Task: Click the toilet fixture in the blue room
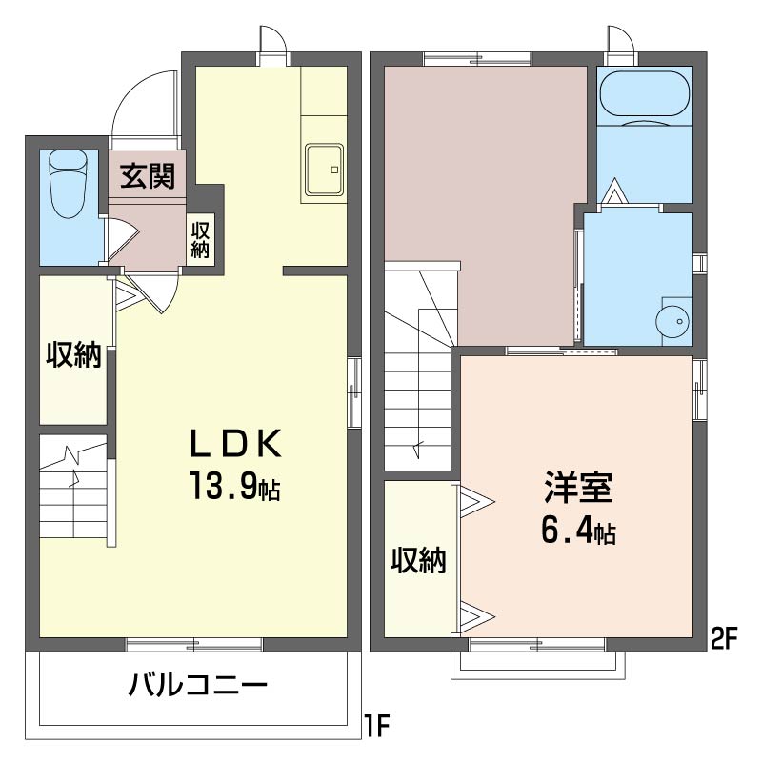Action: (x=68, y=182)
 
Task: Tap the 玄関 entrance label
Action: (x=148, y=176)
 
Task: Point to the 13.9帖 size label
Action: (x=232, y=488)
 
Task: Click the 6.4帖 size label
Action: (x=578, y=531)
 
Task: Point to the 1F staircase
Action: (x=74, y=491)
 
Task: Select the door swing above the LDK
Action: (x=273, y=43)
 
